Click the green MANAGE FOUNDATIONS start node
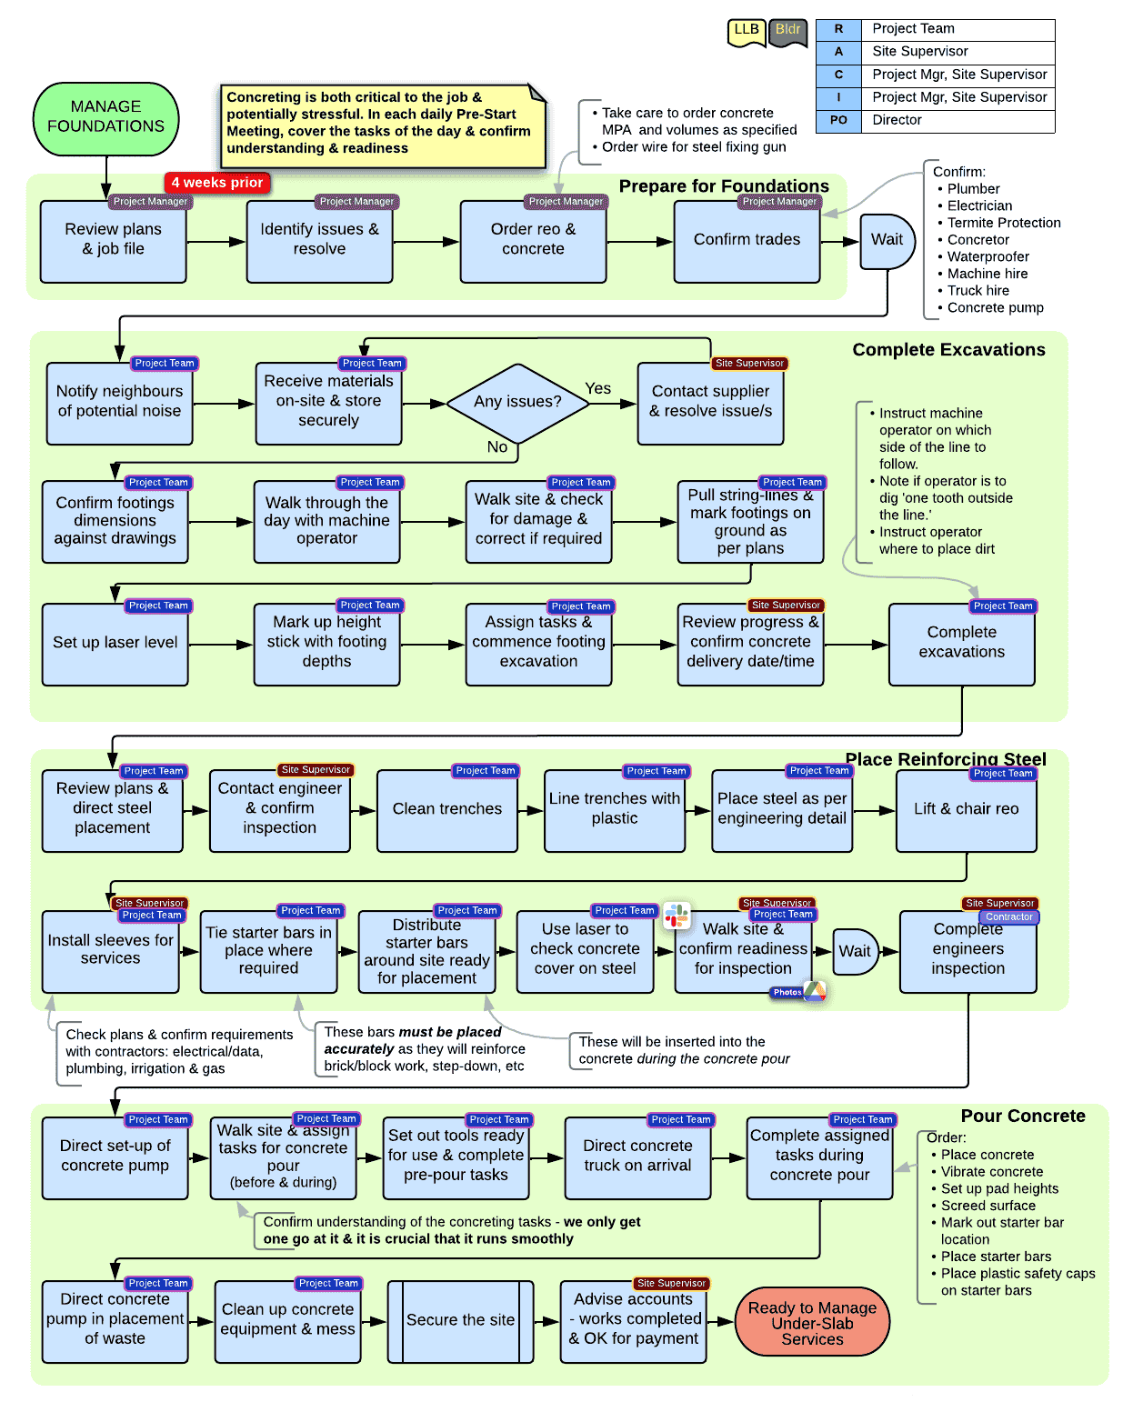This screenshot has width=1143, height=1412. tap(105, 118)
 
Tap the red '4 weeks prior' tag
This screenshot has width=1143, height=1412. tap(216, 183)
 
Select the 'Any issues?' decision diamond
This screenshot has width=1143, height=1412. tap(517, 401)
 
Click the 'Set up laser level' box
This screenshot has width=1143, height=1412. tap(115, 644)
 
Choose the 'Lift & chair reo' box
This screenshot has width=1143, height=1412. tap(966, 810)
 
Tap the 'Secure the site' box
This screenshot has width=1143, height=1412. tap(460, 1321)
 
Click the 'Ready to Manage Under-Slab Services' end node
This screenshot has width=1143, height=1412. tap(812, 1322)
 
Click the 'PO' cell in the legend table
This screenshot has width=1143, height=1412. tap(838, 120)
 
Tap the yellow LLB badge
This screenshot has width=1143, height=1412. tap(747, 31)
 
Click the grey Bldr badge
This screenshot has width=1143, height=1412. tap(787, 31)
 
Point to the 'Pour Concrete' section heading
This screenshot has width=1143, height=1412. tap(1023, 1116)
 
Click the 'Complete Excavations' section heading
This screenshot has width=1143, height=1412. tap(948, 350)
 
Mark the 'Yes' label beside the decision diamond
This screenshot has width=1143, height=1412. tap(597, 388)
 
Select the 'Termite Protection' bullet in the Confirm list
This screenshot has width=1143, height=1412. tap(1004, 223)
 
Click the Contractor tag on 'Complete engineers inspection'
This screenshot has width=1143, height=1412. tap(1009, 916)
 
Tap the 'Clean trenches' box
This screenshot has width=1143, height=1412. tap(446, 810)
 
